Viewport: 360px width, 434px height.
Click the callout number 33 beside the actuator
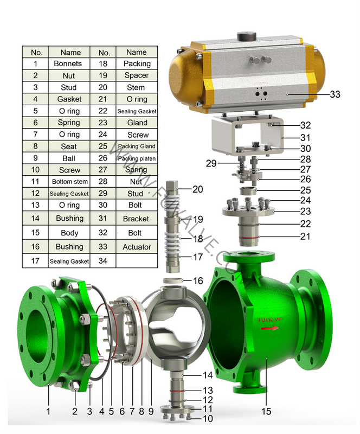coord(335,94)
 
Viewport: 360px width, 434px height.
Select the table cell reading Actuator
coord(136,247)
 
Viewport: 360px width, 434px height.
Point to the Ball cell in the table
coord(69,158)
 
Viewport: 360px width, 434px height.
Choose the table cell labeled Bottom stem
coord(69,182)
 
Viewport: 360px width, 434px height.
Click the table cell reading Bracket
coord(136,219)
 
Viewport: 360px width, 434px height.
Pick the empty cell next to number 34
coord(136,261)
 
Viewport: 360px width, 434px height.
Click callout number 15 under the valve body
coord(266,411)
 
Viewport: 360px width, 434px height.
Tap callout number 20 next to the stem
coord(197,189)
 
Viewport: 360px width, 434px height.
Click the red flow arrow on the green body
coord(269,328)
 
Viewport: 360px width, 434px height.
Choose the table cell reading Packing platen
coord(136,158)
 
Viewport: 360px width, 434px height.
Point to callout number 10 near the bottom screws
coord(207,418)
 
